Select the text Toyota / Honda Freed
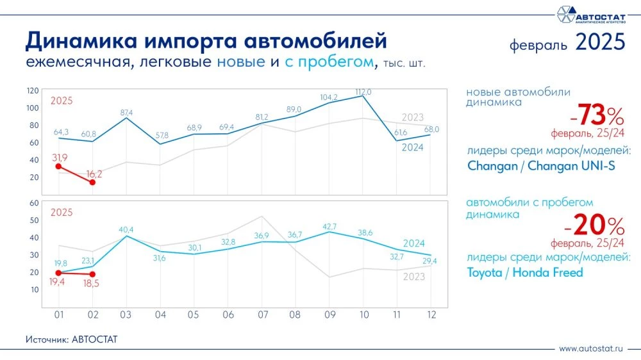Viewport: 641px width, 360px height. coord(525,272)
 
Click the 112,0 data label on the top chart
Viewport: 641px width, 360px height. coord(363,92)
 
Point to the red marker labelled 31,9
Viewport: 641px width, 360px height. coord(59,167)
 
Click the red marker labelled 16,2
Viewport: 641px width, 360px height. coord(94,183)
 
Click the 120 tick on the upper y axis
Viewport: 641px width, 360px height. coord(33,90)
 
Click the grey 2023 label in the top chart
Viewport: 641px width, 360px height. coord(413,117)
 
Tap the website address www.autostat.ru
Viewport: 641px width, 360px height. coord(591,349)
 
